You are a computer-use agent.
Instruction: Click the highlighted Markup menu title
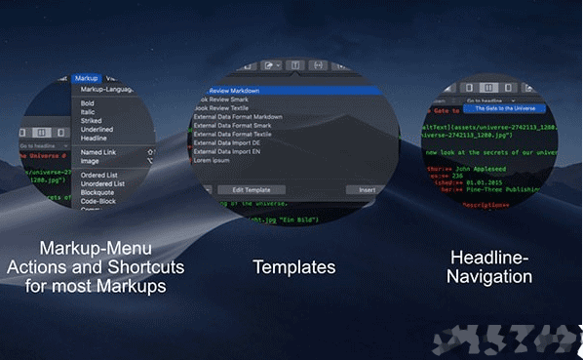click(86, 77)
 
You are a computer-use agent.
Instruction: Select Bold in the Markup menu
click(88, 102)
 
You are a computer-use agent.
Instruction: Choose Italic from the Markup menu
click(88, 111)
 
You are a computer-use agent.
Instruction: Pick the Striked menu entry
click(92, 120)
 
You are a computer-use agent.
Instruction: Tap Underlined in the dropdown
click(97, 129)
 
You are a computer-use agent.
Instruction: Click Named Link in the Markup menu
click(98, 152)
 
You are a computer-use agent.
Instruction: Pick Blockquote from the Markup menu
click(97, 192)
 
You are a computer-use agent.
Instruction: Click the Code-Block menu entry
click(98, 201)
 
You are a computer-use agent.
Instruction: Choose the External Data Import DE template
click(233, 143)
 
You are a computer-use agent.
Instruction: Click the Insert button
click(368, 189)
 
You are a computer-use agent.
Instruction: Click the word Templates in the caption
click(293, 266)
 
